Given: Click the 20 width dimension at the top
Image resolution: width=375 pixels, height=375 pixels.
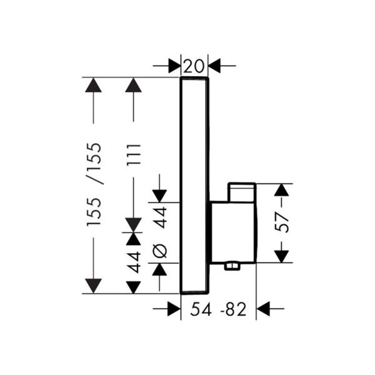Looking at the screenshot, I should coord(194,65).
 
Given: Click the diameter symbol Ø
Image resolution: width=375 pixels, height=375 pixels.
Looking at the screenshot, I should coord(160,250).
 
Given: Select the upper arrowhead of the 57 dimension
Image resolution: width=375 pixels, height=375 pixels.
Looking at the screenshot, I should coord(282,191).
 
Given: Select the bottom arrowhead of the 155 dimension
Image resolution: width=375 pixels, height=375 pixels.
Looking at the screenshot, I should coord(93,286).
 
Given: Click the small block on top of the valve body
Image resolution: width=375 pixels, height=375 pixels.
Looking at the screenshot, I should coord(242,193).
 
